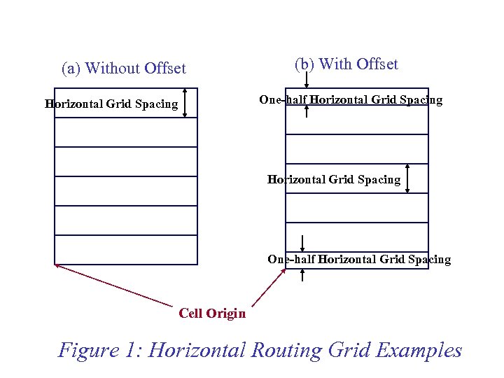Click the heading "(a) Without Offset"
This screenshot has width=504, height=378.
point(124,69)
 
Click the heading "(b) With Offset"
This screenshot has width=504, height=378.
point(346,64)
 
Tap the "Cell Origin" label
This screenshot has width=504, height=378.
point(212,314)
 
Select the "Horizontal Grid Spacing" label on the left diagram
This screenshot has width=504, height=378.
point(111,104)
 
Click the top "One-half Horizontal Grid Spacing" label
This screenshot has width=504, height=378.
point(351,100)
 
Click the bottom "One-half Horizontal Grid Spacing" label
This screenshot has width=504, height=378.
point(359,260)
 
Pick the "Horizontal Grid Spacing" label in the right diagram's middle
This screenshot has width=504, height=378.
point(334,180)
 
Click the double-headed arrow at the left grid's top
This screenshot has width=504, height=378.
point(185,103)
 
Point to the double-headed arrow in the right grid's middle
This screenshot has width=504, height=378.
point(408,178)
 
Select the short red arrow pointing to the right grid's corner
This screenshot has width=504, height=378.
point(269,287)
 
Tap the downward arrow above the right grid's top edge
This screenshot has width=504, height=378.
point(306,78)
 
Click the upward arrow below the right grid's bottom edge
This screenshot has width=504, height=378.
point(302,274)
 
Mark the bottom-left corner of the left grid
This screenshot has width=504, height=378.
point(55,265)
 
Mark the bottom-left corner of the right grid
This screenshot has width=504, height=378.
point(286,269)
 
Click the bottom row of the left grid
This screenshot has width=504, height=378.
point(126,250)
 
